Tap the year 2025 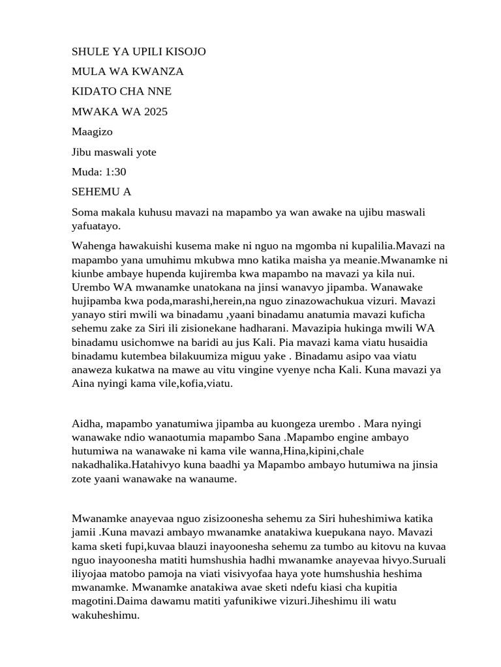coord(155,111)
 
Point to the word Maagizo coord(93,132)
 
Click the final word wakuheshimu coord(105,614)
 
